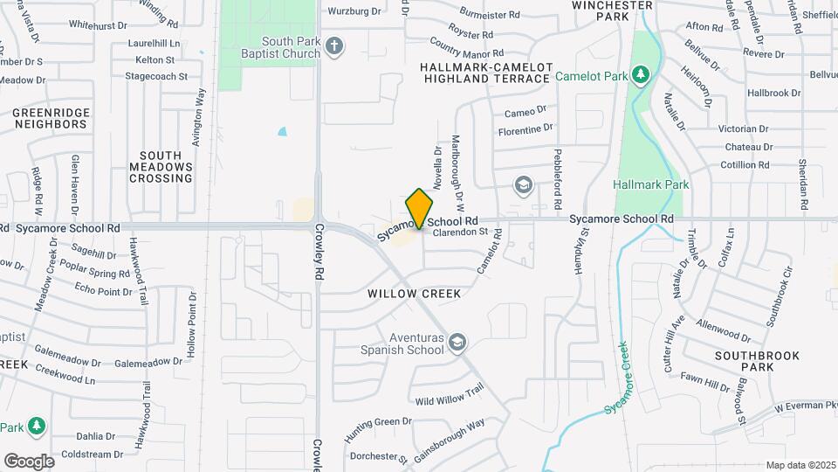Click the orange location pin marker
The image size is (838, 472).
[420, 208]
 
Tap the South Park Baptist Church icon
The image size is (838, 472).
[333, 45]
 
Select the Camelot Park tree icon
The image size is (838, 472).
[642, 75]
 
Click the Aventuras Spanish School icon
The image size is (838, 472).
[458, 343]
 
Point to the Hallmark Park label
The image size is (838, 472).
[651, 184]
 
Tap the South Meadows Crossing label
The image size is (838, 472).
[161, 166]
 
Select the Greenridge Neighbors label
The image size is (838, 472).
[50, 118]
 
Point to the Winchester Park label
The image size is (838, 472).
[612, 10]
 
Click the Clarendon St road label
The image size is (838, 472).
[459, 233]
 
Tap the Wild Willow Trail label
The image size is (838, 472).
[450, 396]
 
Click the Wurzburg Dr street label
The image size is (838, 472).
[354, 11]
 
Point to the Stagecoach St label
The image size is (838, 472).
[156, 76]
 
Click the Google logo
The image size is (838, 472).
[29, 461]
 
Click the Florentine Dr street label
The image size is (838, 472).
[525, 130]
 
